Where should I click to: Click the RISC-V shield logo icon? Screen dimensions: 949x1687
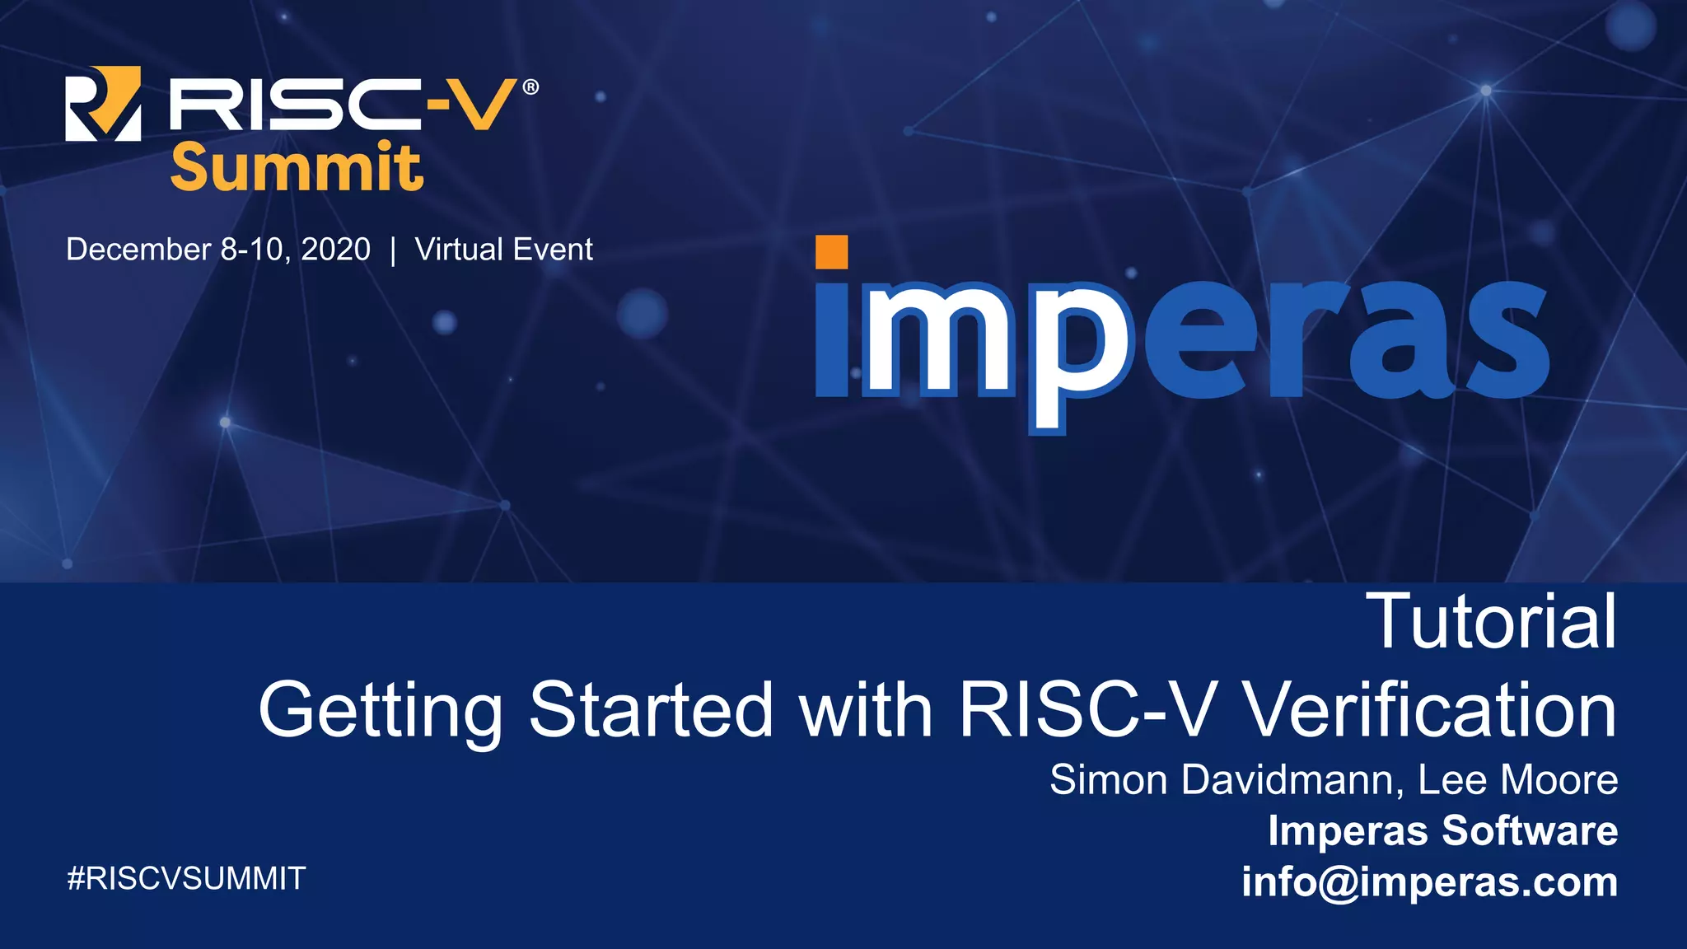coord(103,104)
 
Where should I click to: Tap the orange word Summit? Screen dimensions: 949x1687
coord(297,167)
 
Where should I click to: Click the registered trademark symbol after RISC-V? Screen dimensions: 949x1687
coord(530,86)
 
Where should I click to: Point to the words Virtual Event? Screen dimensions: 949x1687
coord(503,249)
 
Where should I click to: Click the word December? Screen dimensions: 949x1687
coord(138,249)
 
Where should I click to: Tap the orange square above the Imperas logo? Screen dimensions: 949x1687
coord(831,252)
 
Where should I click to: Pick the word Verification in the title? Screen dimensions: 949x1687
coord(1428,709)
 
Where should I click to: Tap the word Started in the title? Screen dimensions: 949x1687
coord(651,709)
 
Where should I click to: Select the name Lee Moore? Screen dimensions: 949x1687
coord(1517,779)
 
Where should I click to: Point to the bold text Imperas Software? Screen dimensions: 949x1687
coord(1442,830)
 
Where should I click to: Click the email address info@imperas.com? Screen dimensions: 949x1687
coord(1429,881)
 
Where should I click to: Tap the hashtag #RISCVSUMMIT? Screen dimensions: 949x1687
coord(186,879)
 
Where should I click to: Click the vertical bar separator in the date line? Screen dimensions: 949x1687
coord(393,250)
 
